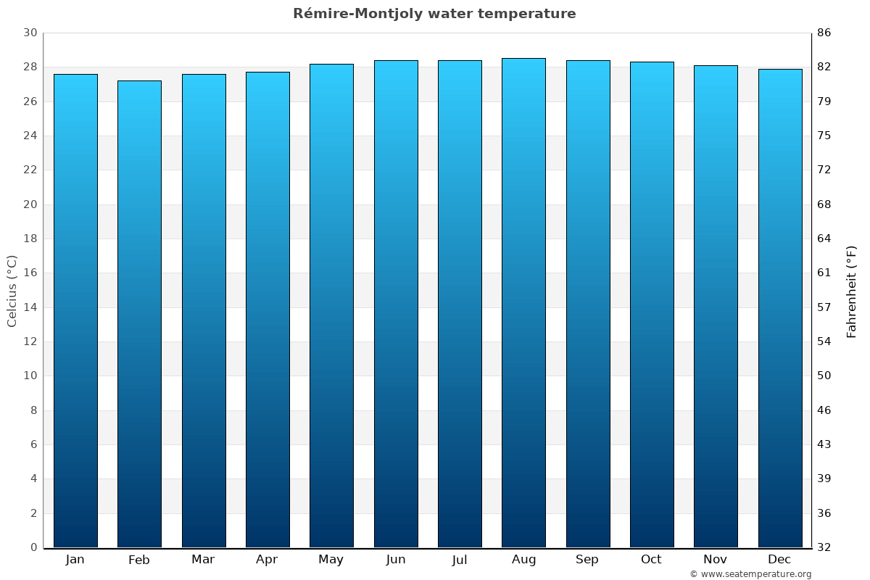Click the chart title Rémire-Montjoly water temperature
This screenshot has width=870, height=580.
tap(434, 14)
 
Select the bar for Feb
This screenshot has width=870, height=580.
tap(139, 314)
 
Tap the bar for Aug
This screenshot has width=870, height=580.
tap(523, 303)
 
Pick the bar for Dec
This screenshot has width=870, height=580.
tap(780, 308)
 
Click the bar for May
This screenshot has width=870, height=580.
tap(331, 306)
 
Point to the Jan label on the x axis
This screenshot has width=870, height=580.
tap(75, 559)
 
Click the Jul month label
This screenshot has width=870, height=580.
tap(460, 559)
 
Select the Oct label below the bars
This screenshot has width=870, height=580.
tap(651, 559)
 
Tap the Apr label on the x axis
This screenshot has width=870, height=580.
tap(267, 559)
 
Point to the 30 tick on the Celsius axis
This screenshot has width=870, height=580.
tap(30, 33)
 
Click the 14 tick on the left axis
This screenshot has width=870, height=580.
tap(30, 307)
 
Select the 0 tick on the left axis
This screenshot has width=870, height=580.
tap(33, 547)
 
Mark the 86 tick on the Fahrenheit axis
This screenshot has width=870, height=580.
tap(824, 33)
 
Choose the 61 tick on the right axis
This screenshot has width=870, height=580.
tap(824, 273)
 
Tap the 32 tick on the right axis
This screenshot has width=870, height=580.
tap(824, 547)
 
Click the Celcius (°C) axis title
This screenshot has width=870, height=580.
tap(12, 291)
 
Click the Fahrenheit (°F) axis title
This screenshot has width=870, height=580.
tap(852, 291)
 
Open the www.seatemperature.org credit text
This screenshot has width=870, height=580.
tap(750, 574)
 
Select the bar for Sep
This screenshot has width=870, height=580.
tap(588, 304)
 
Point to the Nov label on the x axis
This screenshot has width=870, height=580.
tap(716, 559)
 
